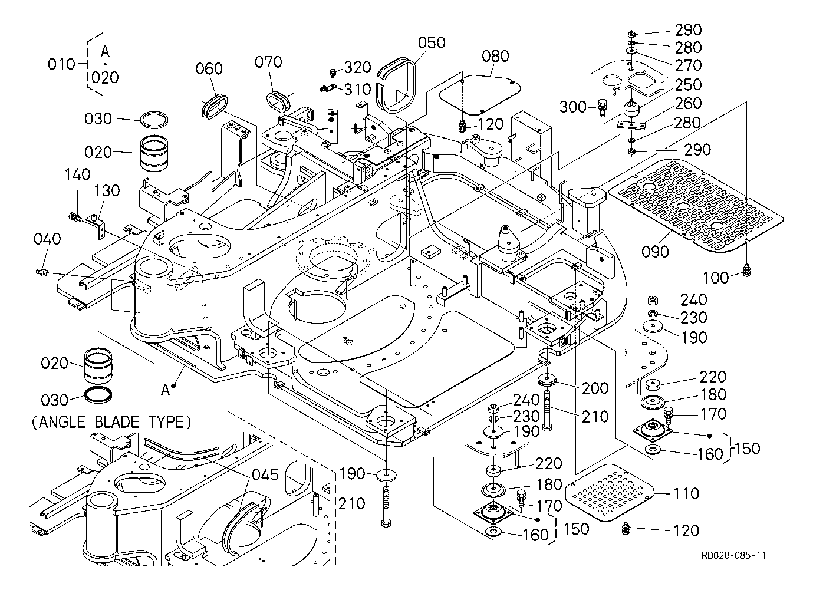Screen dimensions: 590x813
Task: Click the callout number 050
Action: coord(432,43)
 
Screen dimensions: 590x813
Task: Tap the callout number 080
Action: coord(495,57)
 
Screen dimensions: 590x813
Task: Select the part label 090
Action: coord(655,252)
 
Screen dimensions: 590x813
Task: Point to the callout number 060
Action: coord(209,69)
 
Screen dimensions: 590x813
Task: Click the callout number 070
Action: coord(269,62)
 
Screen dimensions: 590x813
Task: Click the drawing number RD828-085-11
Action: coord(733,555)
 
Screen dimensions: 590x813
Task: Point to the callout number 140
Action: coord(77,174)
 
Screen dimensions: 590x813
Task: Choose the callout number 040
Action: coord(47,239)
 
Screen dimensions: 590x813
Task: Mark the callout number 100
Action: coord(716,278)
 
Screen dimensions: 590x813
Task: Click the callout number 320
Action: coord(357,67)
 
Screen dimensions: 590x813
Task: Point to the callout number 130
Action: coord(107,191)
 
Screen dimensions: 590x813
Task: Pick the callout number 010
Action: coord(62,64)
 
